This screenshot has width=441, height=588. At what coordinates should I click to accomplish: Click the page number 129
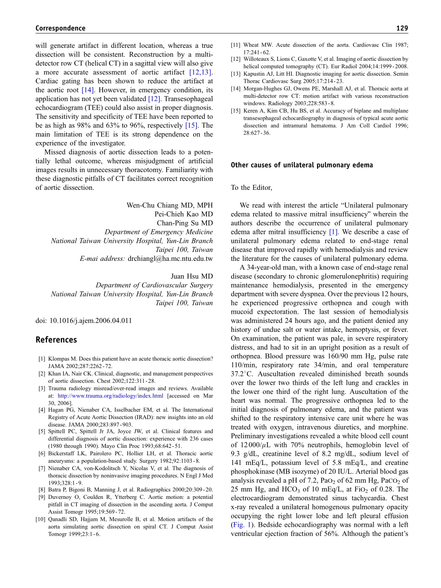coord(402,28)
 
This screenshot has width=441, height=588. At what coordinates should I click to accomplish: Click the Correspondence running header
coord(60,28)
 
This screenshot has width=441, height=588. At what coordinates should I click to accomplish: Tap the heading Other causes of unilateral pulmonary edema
coord(302,165)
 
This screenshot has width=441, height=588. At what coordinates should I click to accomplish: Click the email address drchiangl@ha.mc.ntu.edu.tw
coord(170,258)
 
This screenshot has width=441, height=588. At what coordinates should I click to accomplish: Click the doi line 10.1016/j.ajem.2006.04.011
coord(84,320)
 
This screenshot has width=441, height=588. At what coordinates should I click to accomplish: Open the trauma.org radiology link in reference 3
coord(110,396)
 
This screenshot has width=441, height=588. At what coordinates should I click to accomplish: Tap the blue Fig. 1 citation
coord(240,525)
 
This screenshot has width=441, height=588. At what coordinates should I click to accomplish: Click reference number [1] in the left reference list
coord(42,359)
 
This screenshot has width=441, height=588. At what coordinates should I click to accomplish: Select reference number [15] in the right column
coord(235,111)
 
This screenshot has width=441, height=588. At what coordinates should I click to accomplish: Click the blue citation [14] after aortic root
coord(88,90)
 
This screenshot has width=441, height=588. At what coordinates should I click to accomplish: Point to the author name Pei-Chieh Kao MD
coord(184,214)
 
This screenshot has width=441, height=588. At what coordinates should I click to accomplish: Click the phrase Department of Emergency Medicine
coord(159,232)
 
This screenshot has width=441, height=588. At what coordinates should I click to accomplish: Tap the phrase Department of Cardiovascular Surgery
coord(154,285)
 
